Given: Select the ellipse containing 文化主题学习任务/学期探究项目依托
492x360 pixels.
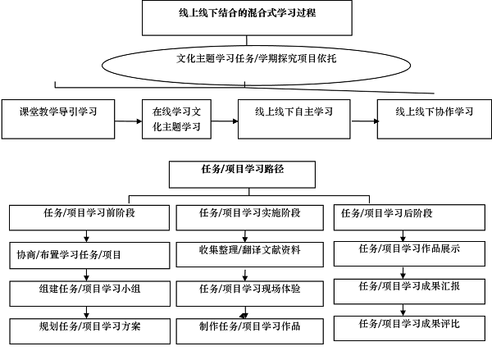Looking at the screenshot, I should tap(244, 61).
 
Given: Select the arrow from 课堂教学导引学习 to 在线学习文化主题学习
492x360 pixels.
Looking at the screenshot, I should tap(128, 121).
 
